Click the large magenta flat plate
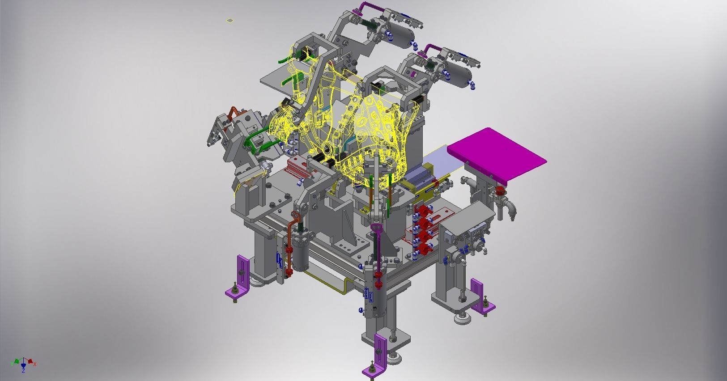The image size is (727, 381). point(497,154)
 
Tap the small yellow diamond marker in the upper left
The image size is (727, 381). point(230,20)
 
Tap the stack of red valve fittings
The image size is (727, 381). point(423,230)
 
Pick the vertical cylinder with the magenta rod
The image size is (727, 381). point(375,291)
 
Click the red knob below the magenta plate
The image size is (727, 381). point(500,193)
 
